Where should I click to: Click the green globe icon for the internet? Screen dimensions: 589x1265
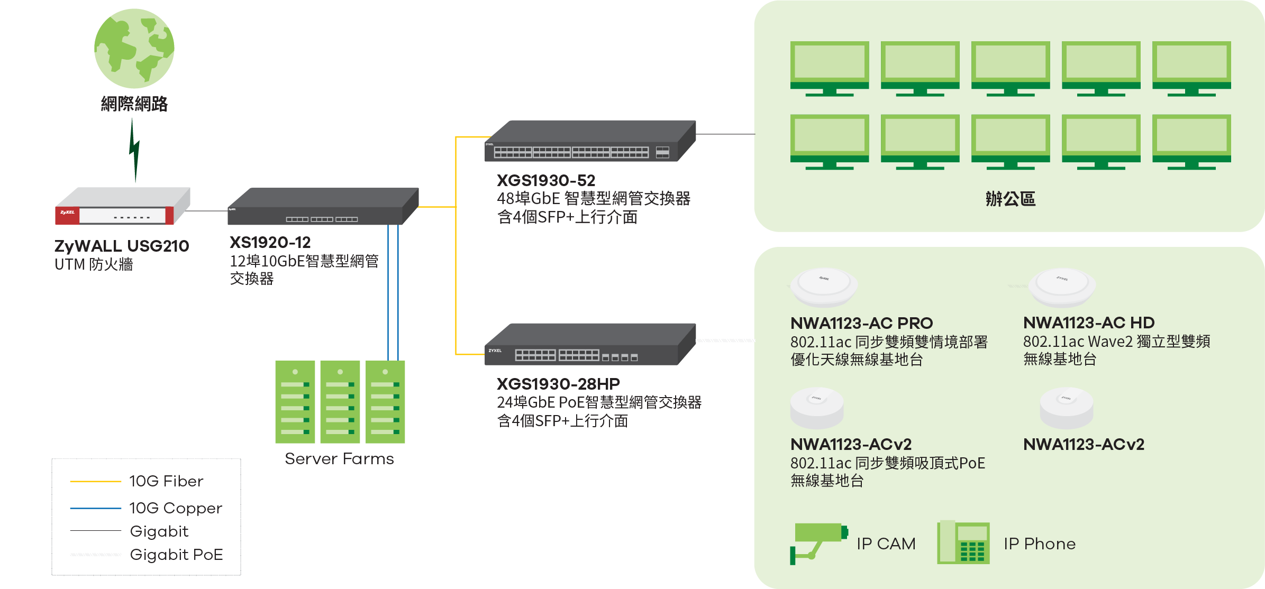pyautogui.click(x=134, y=49)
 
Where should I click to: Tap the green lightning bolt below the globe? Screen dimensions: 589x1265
pyautogui.click(x=134, y=151)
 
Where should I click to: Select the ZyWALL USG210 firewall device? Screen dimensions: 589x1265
pyautogui.click(x=122, y=207)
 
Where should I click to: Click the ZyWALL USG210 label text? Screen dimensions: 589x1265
pyautogui.click(x=122, y=246)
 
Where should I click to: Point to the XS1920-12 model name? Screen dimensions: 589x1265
pyautogui.click(x=270, y=243)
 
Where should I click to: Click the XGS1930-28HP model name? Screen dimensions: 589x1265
pyautogui.click(x=558, y=384)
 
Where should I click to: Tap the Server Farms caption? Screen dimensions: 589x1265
pyautogui.click(x=339, y=458)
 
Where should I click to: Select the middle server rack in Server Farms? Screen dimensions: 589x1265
pyautogui.click(x=340, y=402)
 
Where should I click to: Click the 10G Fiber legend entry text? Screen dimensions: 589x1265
pyautogui.click(x=166, y=481)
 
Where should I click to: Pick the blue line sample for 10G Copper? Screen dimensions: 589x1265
pyautogui.click(x=96, y=508)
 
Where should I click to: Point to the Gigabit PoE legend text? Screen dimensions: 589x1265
pyautogui.click(x=176, y=555)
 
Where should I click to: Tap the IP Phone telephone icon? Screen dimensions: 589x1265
pyautogui.click(x=963, y=543)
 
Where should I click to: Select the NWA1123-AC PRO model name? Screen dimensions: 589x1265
pyautogui.click(x=861, y=323)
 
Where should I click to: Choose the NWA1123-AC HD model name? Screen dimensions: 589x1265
pyautogui.click(x=1089, y=323)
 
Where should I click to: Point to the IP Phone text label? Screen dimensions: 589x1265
pyautogui.click(x=1040, y=544)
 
